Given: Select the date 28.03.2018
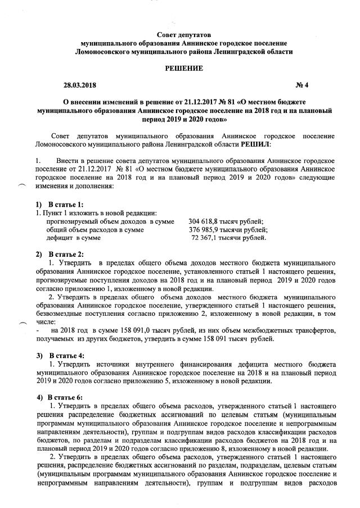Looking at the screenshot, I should tap(80, 85).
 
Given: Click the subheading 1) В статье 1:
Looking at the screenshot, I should tap(59, 204).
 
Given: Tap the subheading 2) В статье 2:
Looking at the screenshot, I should tap(59, 255).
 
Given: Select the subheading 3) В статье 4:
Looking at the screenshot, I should tap(59, 356).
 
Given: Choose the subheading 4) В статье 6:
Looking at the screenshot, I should tap(59, 398).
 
